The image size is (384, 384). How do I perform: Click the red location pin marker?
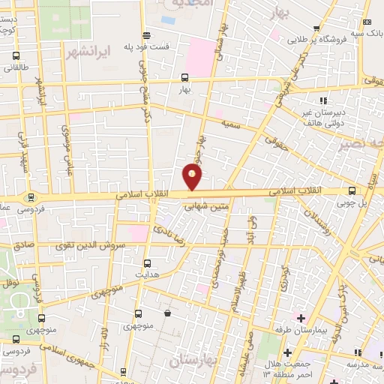193,177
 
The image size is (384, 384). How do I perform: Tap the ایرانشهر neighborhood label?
88,52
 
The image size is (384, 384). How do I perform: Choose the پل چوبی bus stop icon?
352,191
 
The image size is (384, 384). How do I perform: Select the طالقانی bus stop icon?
16,56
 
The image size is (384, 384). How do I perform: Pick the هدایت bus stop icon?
147,263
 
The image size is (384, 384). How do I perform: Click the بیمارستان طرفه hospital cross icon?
301,318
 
